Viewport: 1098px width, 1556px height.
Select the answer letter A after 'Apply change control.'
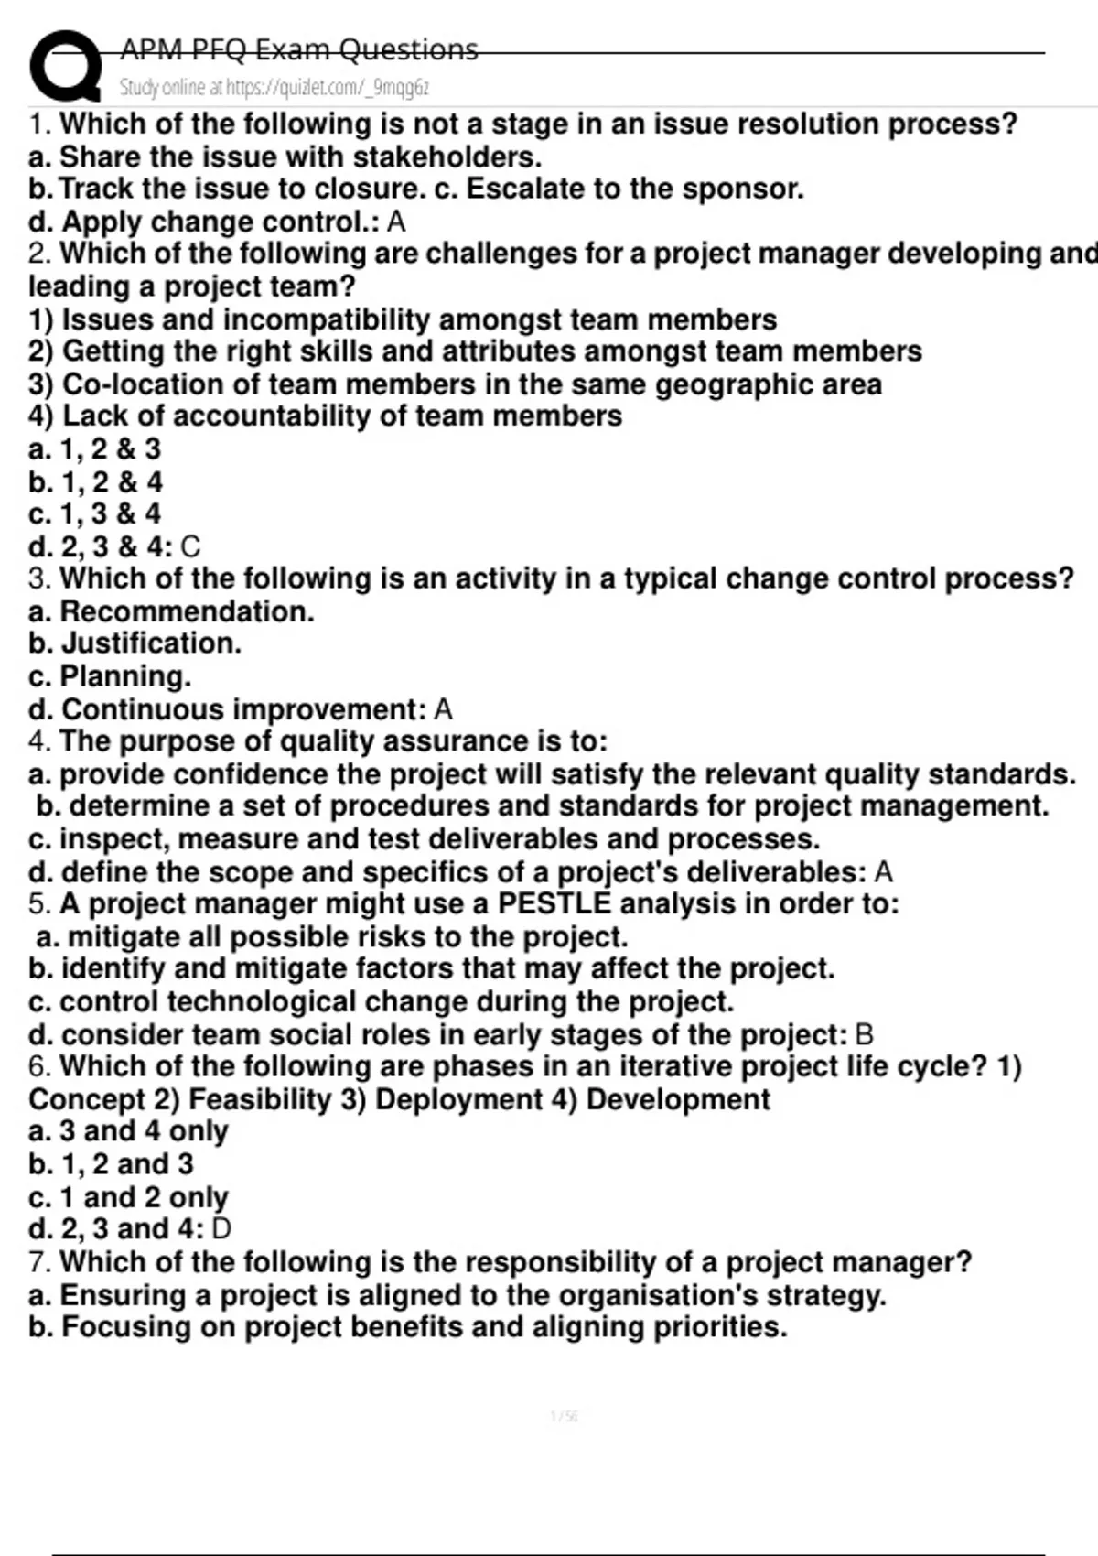click(396, 222)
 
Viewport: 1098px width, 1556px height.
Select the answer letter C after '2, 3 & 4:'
click(190, 547)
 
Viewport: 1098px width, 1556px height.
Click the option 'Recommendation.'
click(187, 611)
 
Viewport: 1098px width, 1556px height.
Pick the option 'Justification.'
click(151, 643)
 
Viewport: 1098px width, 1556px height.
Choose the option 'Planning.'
click(125, 676)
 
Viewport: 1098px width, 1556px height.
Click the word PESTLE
click(554, 904)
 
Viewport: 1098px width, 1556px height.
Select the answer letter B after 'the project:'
click(863, 1035)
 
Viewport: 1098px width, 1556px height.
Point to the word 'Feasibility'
click(259, 1099)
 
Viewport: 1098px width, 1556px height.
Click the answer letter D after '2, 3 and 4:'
click(221, 1229)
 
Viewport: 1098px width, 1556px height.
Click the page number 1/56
click(564, 1417)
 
